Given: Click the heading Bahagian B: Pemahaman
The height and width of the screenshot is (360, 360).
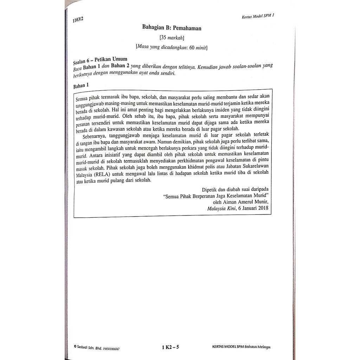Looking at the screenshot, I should coord(172,28).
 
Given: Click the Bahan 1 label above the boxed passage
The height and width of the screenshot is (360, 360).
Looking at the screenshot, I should coord(81,85).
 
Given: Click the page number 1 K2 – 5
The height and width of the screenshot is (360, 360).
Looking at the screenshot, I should coord(171,347).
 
